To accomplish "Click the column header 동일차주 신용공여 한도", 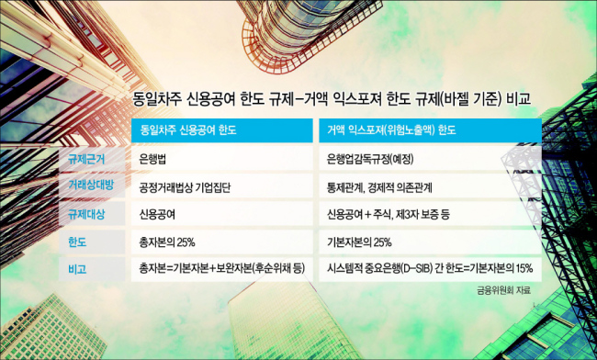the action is (x=188, y=130).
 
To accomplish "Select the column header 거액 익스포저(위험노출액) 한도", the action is (x=391, y=130).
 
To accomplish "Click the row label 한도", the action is (x=77, y=242).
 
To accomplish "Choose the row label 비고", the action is (x=77, y=269).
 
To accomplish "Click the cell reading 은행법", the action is (x=152, y=159).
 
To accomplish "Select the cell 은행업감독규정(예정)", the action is (x=370, y=159).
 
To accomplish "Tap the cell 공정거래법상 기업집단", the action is (x=185, y=187).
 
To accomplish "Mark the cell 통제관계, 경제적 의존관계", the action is (x=379, y=187).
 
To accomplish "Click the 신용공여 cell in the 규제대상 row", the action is (x=157, y=215).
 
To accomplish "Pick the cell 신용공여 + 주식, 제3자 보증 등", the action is (x=388, y=215).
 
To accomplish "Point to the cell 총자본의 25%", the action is (x=167, y=242).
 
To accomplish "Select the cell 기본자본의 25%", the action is (x=359, y=242).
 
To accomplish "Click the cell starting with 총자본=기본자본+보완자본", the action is (x=222, y=269).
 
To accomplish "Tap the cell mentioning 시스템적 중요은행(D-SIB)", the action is (x=430, y=269).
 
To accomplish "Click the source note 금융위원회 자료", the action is (x=503, y=290).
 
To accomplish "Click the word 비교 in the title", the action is (x=518, y=100).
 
